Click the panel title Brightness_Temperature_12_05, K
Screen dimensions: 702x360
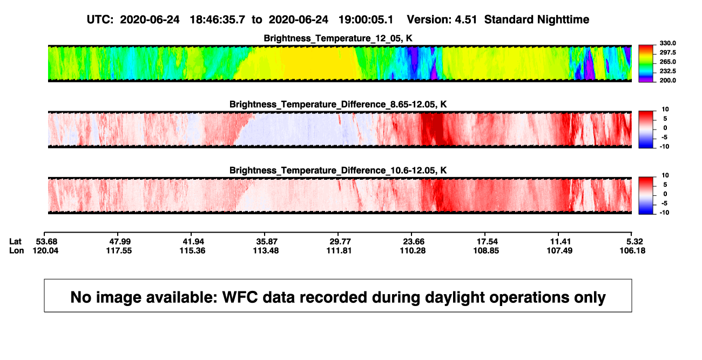(x=338, y=38)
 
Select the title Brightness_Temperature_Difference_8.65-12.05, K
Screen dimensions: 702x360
(x=338, y=104)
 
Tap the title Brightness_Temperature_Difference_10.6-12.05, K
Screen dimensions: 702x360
(x=338, y=171)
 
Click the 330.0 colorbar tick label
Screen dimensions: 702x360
(x=667, y=43)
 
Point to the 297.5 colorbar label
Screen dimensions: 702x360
(x=667, y=52)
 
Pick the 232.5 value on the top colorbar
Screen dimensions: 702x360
(x=667, y=71)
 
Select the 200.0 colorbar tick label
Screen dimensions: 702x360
(x=667, y=80)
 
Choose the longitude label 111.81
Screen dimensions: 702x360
(x=339, y=250)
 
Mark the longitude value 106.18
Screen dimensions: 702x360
(x=632, y=250)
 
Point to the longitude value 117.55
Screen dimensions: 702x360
(x=119, y=250)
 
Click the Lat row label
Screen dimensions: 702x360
(x=15, y=242)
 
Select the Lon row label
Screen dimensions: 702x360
(x=17, y=250)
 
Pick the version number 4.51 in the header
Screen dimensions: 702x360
(x=466, y=19)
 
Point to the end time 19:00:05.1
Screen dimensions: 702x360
(x=366, y=19)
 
